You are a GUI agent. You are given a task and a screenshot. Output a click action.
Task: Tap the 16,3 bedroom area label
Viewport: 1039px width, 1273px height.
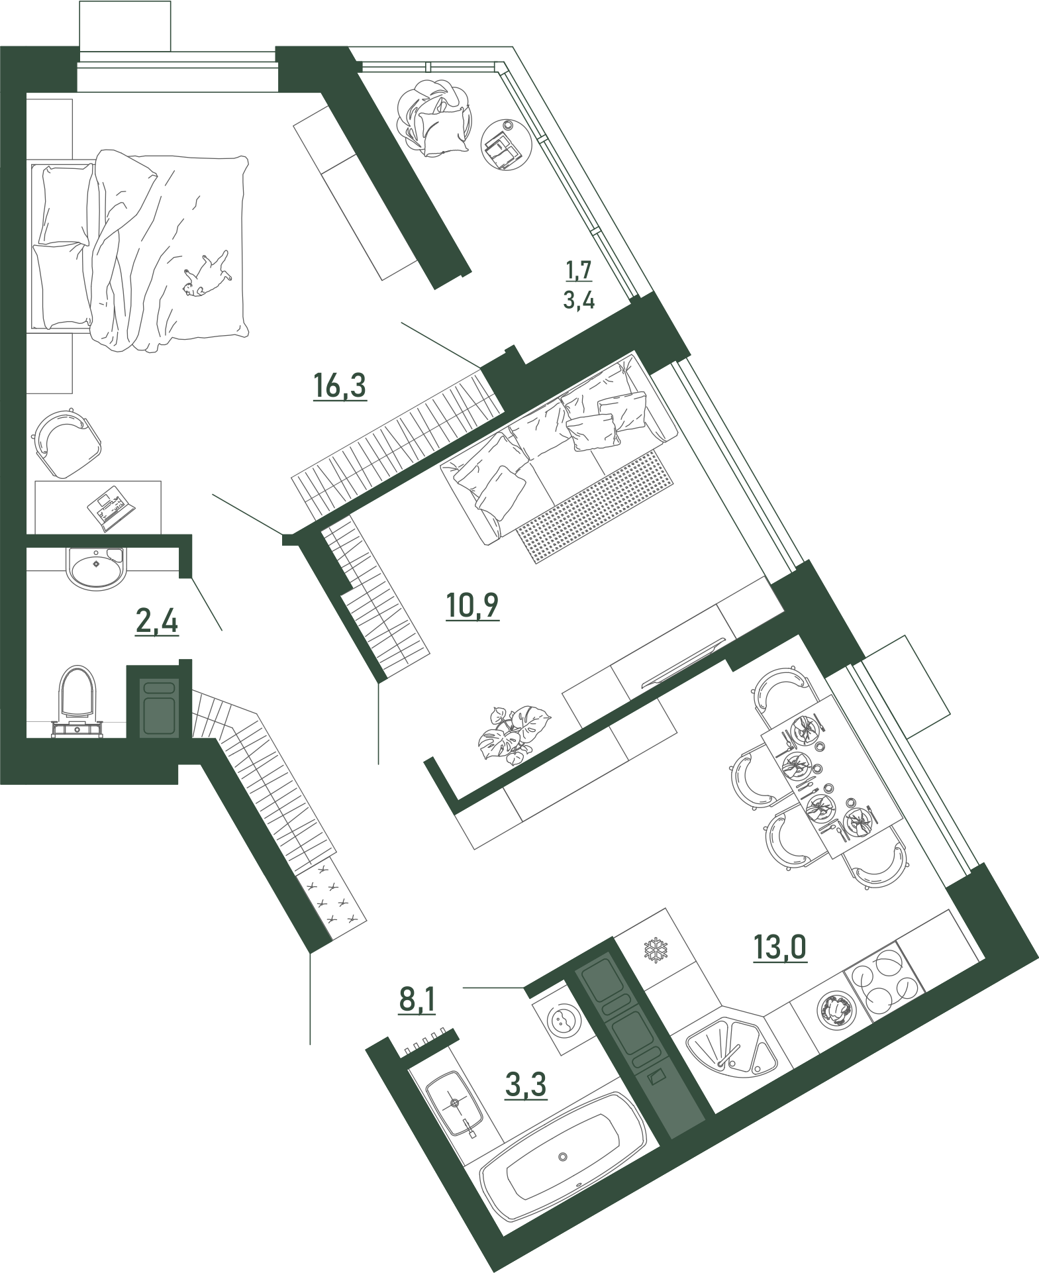click(340, 386)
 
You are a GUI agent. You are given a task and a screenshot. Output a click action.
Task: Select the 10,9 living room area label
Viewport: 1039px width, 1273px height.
click(471, 605)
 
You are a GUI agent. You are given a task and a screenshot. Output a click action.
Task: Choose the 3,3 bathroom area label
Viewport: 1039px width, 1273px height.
click(526, 1086)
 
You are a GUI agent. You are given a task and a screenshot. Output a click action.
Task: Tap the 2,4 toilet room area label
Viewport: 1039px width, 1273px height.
click(157, 623)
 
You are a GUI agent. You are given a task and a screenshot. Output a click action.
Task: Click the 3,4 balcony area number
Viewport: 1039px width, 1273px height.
click(579, 301)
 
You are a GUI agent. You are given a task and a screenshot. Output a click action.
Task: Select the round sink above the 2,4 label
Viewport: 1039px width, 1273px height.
click(96, 568)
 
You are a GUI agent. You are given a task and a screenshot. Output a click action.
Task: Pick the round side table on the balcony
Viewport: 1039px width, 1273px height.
click(505, 145)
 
